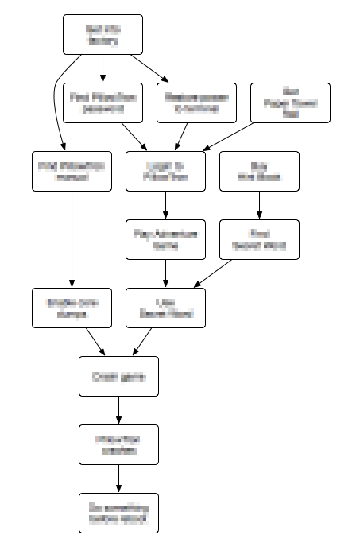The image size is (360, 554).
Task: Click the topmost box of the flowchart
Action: tap(103, 35)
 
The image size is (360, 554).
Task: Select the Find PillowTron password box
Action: tap(103, 103)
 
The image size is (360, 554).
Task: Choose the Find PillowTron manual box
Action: tap(72, 170)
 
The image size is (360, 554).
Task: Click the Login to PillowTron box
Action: tap(165, 170)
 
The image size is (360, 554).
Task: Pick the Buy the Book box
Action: tap(259, 170)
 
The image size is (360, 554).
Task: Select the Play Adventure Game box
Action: tap(165, 239)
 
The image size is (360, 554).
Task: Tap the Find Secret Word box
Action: tap(259, 239)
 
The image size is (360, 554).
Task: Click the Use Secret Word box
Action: tap(165, 308)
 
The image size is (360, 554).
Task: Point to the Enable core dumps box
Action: tap(72, 308)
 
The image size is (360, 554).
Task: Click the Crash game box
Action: tap(118, 376)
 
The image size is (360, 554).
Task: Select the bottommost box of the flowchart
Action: tap(118, 513)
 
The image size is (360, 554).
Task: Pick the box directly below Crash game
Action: tap(118, 444)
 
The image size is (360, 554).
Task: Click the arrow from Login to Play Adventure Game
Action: tap(165, 204)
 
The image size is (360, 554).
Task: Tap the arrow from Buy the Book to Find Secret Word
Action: tap(259, 204)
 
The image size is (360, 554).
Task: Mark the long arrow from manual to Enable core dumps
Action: tap(72, 238)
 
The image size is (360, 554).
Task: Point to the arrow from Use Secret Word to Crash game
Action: tap(143, 342)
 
